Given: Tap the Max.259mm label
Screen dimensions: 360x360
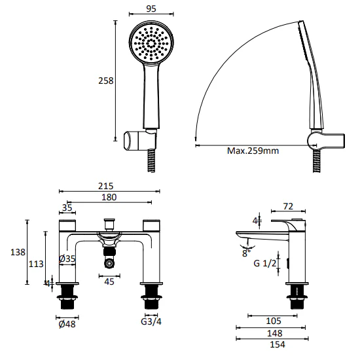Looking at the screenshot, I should pyautogui.click(x=253, y=151).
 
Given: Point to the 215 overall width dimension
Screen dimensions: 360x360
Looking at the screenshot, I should pyautogui.click(x=110, y=185).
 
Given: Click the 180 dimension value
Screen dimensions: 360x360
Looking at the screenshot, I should pyautogui.click(x=110, y=197).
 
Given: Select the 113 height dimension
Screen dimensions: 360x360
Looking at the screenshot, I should pyautogui.click(x=37, y=264).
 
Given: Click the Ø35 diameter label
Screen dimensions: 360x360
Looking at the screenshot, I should pyautogui.click(x=67, y=259).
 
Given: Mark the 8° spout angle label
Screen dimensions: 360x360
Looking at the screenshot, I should pyautogui.click(x=246, y=251).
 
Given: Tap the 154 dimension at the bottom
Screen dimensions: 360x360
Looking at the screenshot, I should pyautogui.click(x=274, y=345).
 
